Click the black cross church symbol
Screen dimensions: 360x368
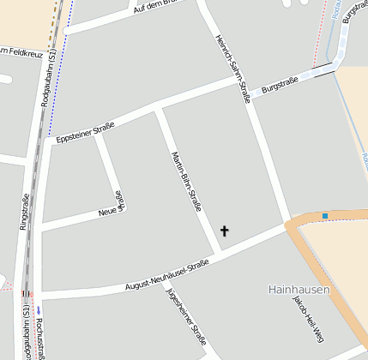point(225,231)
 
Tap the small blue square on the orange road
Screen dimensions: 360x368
point(325,215)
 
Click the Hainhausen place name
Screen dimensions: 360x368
point(298,290)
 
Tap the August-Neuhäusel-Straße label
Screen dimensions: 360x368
point(166,276)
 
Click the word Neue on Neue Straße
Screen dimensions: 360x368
point(107,211)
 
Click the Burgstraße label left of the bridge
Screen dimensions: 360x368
point(280,85)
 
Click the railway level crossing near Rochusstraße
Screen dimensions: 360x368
point(25,293)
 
